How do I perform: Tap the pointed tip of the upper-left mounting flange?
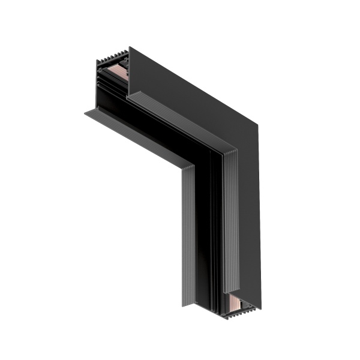point(86,112)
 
